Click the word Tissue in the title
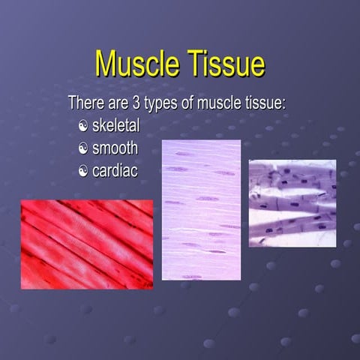[x=224, y=64]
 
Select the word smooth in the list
[x=115, y=147]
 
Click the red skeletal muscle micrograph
[x=86, y=244]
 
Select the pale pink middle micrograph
[x=201, y=209]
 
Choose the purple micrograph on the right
[x=292, y=202]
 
